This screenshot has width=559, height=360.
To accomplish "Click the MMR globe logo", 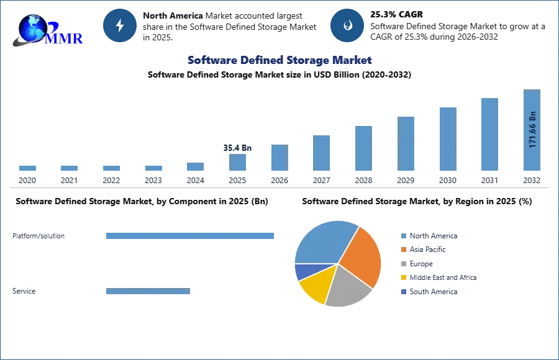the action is click(x=47, y=30).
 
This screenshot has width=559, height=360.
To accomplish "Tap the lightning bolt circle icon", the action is click(x=120, y=25).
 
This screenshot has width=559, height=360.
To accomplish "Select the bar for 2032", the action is click(x=532, y=130).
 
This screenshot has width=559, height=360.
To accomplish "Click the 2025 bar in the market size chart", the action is click(x=237, y=162).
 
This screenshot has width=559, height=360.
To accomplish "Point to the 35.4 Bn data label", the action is click(x=237, y=148).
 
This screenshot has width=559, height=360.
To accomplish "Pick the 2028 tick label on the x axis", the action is click(x=363, y=181).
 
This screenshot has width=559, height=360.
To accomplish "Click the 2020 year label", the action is click(x=27, y=181).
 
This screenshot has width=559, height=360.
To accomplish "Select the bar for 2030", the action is click(x=448, y=139).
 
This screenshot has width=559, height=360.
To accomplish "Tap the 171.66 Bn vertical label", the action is click(x=532, y=130).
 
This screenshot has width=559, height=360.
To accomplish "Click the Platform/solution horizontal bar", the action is click(x=190, y=236).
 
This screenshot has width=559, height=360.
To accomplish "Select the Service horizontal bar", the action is click(x=148, y=291).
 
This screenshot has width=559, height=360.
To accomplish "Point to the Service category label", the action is click(x=24, y=291).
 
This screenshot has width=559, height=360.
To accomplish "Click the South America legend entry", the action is click(x=429, y=292).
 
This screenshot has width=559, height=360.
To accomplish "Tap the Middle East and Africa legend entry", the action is click(x=439, y=277).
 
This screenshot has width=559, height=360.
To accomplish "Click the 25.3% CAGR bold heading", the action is click(x=396, y=14).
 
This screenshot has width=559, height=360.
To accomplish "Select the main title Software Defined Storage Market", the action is click(x=279, y=60).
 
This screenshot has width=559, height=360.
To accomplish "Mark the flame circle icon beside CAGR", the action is click(x=347, y=25).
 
